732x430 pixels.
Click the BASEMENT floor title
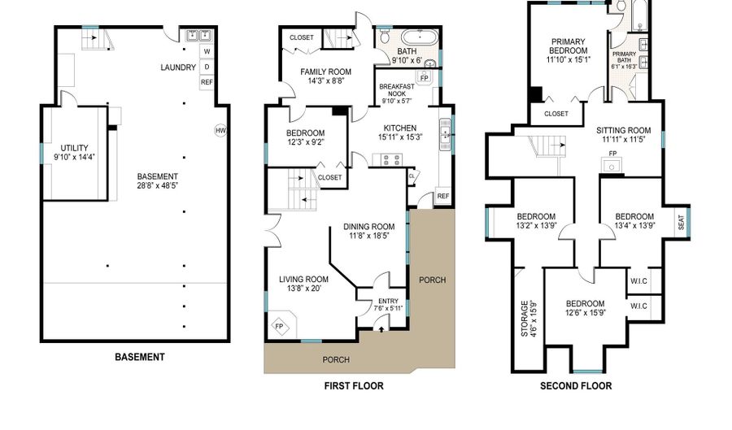tap(139, 357)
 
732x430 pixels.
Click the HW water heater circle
tap(220, 130)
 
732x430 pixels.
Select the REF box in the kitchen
tap(443, 196)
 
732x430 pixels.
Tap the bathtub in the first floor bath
tap(417, 37)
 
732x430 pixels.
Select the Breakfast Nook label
tap(397, 87)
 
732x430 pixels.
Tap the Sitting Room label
tap(623, 129)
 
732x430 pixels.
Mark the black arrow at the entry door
tap(382, 329)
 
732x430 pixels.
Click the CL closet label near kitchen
tap(412, 175)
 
